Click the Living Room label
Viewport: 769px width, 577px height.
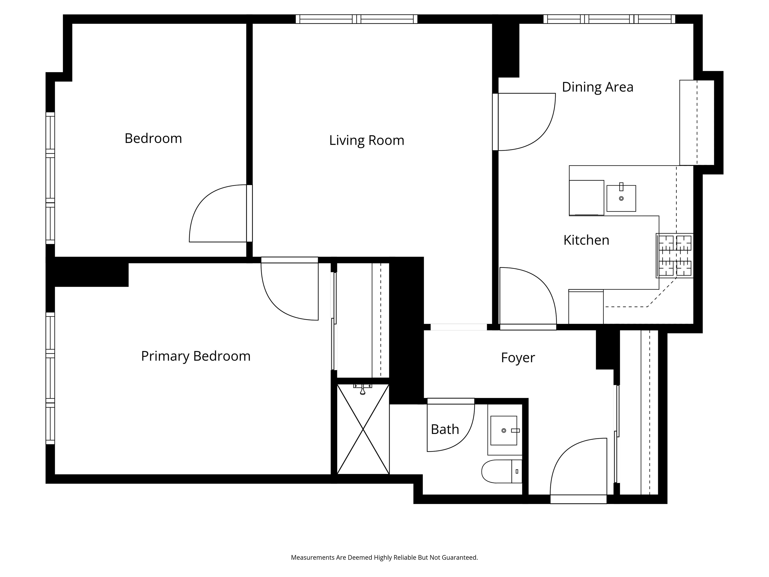click(x=367, y=140)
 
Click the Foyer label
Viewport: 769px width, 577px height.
click(x=518, y=358)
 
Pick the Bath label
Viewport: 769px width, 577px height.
click(x=445, y=429)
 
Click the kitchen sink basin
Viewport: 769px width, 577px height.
click(x=621, y=198)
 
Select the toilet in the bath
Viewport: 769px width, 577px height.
click(x=502, y=471)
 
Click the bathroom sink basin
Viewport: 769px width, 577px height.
click(x=504, y=430)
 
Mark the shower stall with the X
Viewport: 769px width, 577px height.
click(x=363, y=429)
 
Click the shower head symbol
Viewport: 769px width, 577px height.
click(x=363, y=389)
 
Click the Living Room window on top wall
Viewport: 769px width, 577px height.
click(x=356, y=19)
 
